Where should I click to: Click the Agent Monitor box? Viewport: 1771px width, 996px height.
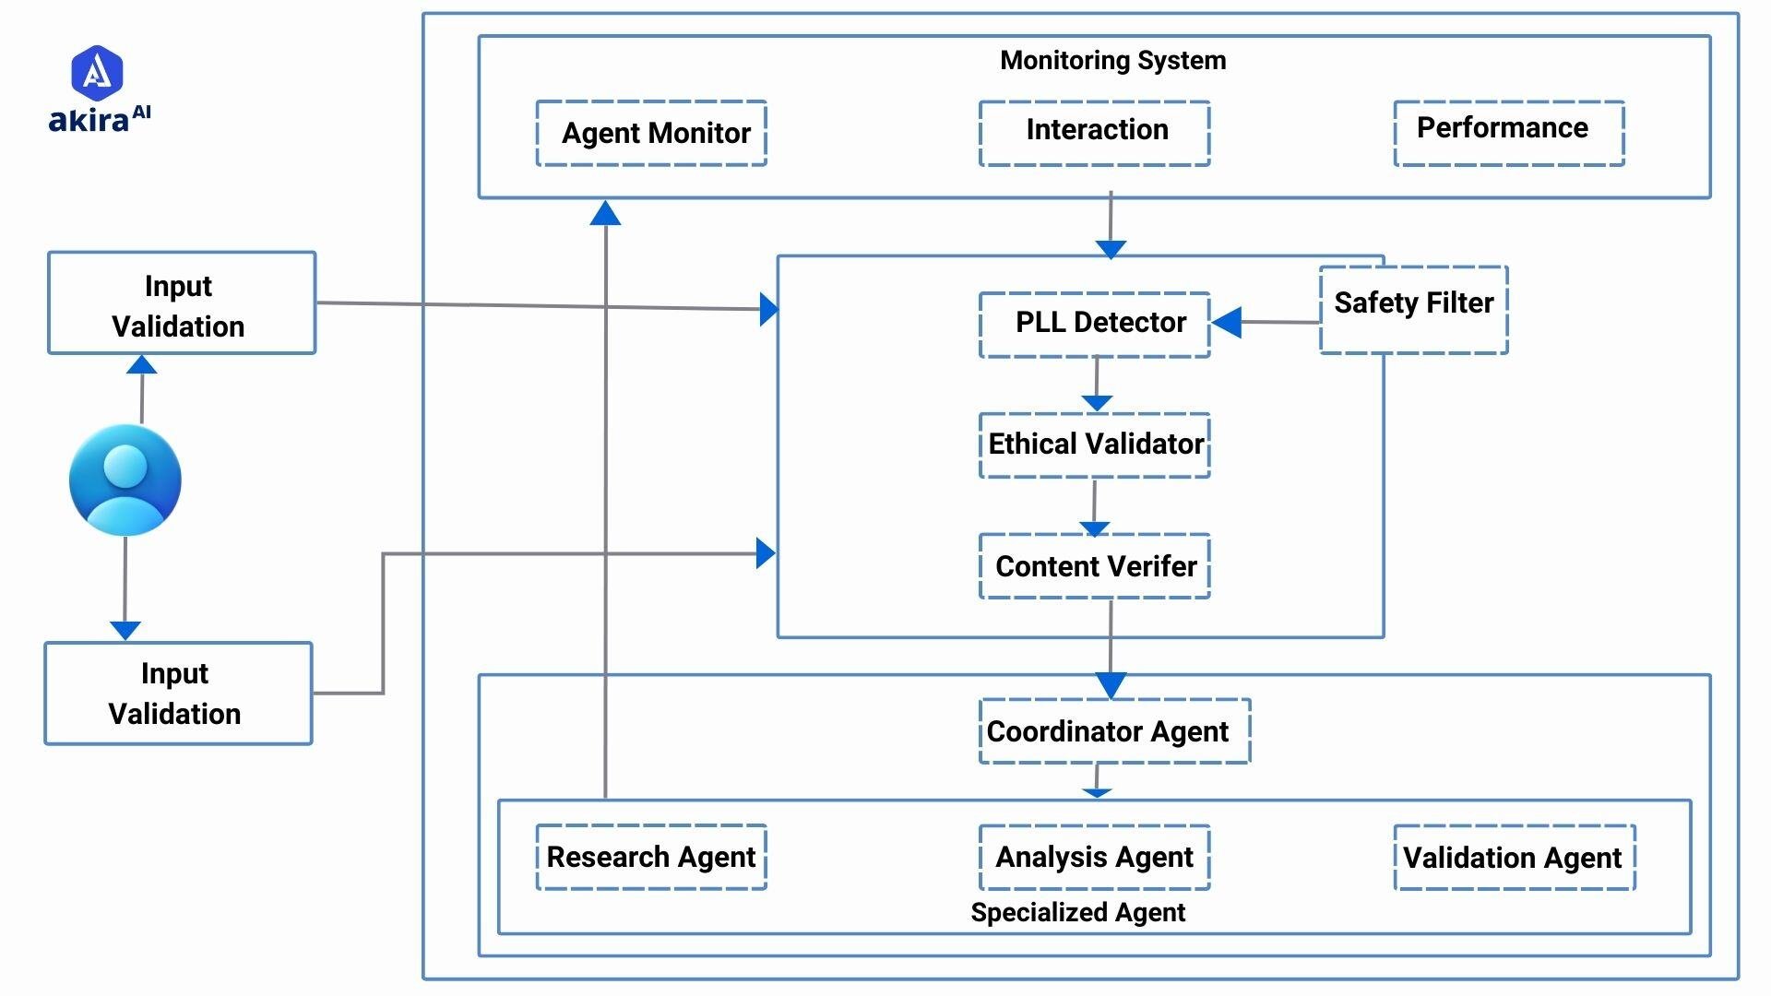point(651,134)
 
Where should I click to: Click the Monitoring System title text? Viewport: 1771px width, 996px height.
point(1112,61)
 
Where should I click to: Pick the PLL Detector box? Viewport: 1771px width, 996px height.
point(1094,325)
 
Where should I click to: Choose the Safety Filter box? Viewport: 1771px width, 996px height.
point(1413,309)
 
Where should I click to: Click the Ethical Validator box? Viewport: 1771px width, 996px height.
point(1094,445)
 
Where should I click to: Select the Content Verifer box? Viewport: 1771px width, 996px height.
point(1094,566)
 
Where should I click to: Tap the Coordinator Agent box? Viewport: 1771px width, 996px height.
point(1113,731)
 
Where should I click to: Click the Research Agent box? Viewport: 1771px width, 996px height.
point(651,857)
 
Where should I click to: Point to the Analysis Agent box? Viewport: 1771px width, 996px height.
point(1094,857)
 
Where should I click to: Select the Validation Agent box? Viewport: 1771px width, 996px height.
point(1514,858)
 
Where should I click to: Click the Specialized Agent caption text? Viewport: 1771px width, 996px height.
point(1077,912)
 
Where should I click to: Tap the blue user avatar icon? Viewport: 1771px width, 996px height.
point(125,480)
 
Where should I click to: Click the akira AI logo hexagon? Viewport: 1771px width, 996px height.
point(97,72)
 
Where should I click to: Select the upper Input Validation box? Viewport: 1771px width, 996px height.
point(181,303)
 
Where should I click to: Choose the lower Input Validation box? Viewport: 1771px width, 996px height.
point(178,694)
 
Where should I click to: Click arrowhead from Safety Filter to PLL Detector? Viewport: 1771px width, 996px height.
point(1226,323)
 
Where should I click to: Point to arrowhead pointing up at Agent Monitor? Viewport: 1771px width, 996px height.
point(605,213)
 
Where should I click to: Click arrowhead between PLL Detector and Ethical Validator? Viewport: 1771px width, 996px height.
point(1096,403)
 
